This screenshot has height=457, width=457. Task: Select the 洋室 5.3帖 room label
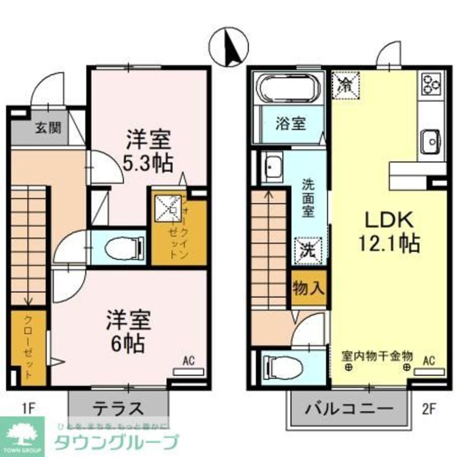149,151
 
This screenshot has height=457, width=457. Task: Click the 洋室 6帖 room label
128,331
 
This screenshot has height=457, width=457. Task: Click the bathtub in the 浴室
288,89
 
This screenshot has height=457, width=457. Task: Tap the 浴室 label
291,123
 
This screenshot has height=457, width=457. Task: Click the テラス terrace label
118,408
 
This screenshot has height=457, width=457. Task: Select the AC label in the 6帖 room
189,361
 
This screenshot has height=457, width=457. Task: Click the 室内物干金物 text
377,356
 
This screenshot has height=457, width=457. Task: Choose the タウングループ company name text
116,442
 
